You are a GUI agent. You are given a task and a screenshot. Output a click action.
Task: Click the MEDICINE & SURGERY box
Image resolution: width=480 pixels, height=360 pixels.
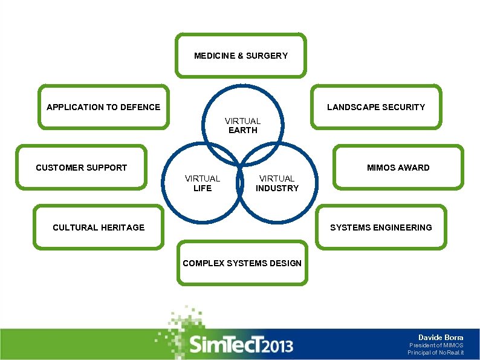point(241,56)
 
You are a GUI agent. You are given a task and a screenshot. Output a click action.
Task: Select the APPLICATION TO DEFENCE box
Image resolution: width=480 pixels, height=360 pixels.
point(103,107)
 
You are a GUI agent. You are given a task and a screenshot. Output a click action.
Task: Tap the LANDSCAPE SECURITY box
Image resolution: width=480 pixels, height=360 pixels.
point(375,107)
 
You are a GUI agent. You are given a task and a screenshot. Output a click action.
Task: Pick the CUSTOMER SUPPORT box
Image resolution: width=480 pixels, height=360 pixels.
point(81,168)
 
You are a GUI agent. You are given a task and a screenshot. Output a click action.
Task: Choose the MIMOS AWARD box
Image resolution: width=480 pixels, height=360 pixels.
point(398,168)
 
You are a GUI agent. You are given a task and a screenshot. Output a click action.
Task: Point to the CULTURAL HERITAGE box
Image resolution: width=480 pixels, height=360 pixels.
point(99,227)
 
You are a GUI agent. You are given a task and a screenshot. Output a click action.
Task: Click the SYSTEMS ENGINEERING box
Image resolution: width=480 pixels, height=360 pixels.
point(380,227)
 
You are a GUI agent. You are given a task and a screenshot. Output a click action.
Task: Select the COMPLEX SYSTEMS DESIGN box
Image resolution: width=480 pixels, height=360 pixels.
point(242,263)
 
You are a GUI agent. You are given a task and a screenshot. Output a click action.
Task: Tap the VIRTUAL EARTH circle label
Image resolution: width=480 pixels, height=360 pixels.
point(242,125)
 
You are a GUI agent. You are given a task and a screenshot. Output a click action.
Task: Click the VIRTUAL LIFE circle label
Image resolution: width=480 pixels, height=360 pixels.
point(203,183)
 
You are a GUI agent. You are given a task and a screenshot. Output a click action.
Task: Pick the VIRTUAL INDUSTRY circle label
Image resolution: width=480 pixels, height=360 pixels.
point(277,183)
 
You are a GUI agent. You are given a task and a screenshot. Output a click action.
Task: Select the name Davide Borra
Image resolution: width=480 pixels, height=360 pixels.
point(441,337)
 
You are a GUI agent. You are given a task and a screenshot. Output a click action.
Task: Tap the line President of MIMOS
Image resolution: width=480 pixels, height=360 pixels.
point(436,345)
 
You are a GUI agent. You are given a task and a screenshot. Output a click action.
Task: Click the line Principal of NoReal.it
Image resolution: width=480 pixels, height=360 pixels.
point(435,352)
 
